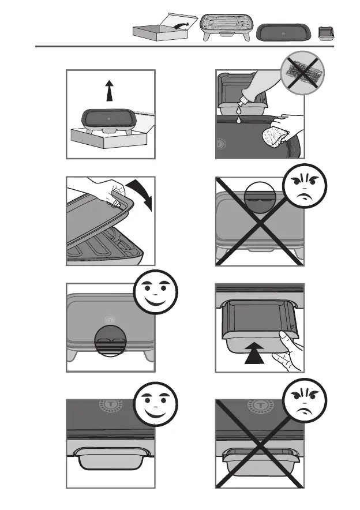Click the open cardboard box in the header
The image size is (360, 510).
point(160,29)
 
